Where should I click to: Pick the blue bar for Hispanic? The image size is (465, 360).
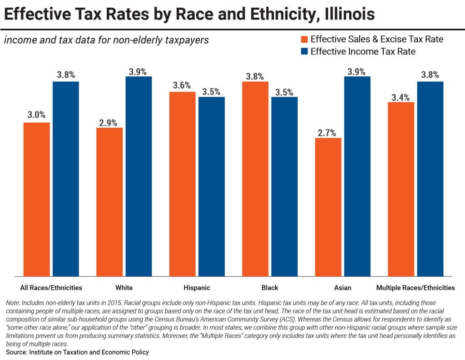[212, 186]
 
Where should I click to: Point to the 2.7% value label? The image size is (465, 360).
[328, 133]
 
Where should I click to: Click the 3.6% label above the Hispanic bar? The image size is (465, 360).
[182, 86]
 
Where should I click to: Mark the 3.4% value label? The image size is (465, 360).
[401, 97]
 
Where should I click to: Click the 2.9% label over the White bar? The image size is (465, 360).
[109, 122]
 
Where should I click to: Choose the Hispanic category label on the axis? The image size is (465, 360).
[197, 288]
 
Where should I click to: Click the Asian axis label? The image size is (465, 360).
[342, 288]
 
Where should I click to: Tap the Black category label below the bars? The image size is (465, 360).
[270, 288]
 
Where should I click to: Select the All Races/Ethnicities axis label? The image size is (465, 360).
[51, 288]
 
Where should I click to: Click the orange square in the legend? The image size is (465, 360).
[304, 40]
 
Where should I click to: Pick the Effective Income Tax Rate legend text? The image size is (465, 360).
[363, 51]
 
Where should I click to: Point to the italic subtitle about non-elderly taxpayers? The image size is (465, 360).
[106, 40]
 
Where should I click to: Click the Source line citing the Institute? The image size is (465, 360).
[77, 352]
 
